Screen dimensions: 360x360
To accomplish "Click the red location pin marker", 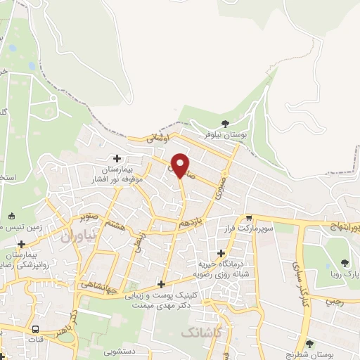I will point(181,165).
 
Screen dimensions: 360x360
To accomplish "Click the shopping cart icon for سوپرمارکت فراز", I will point(249,219).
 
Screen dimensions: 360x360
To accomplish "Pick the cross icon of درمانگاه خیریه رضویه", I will point(221,253).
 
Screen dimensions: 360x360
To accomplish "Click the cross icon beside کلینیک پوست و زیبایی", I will point(162,284).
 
